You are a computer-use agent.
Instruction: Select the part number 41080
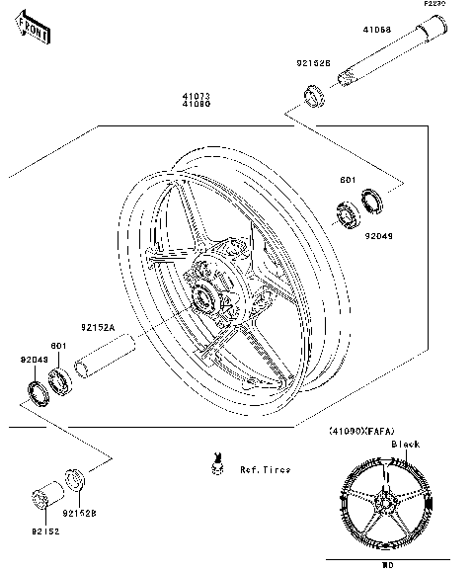[195, 106]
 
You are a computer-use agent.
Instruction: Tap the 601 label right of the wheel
[348, 181]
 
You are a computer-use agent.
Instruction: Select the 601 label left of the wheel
[58, 345]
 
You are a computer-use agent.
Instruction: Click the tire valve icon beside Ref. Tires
[214, 462]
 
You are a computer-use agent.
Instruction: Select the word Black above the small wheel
[405, 445]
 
